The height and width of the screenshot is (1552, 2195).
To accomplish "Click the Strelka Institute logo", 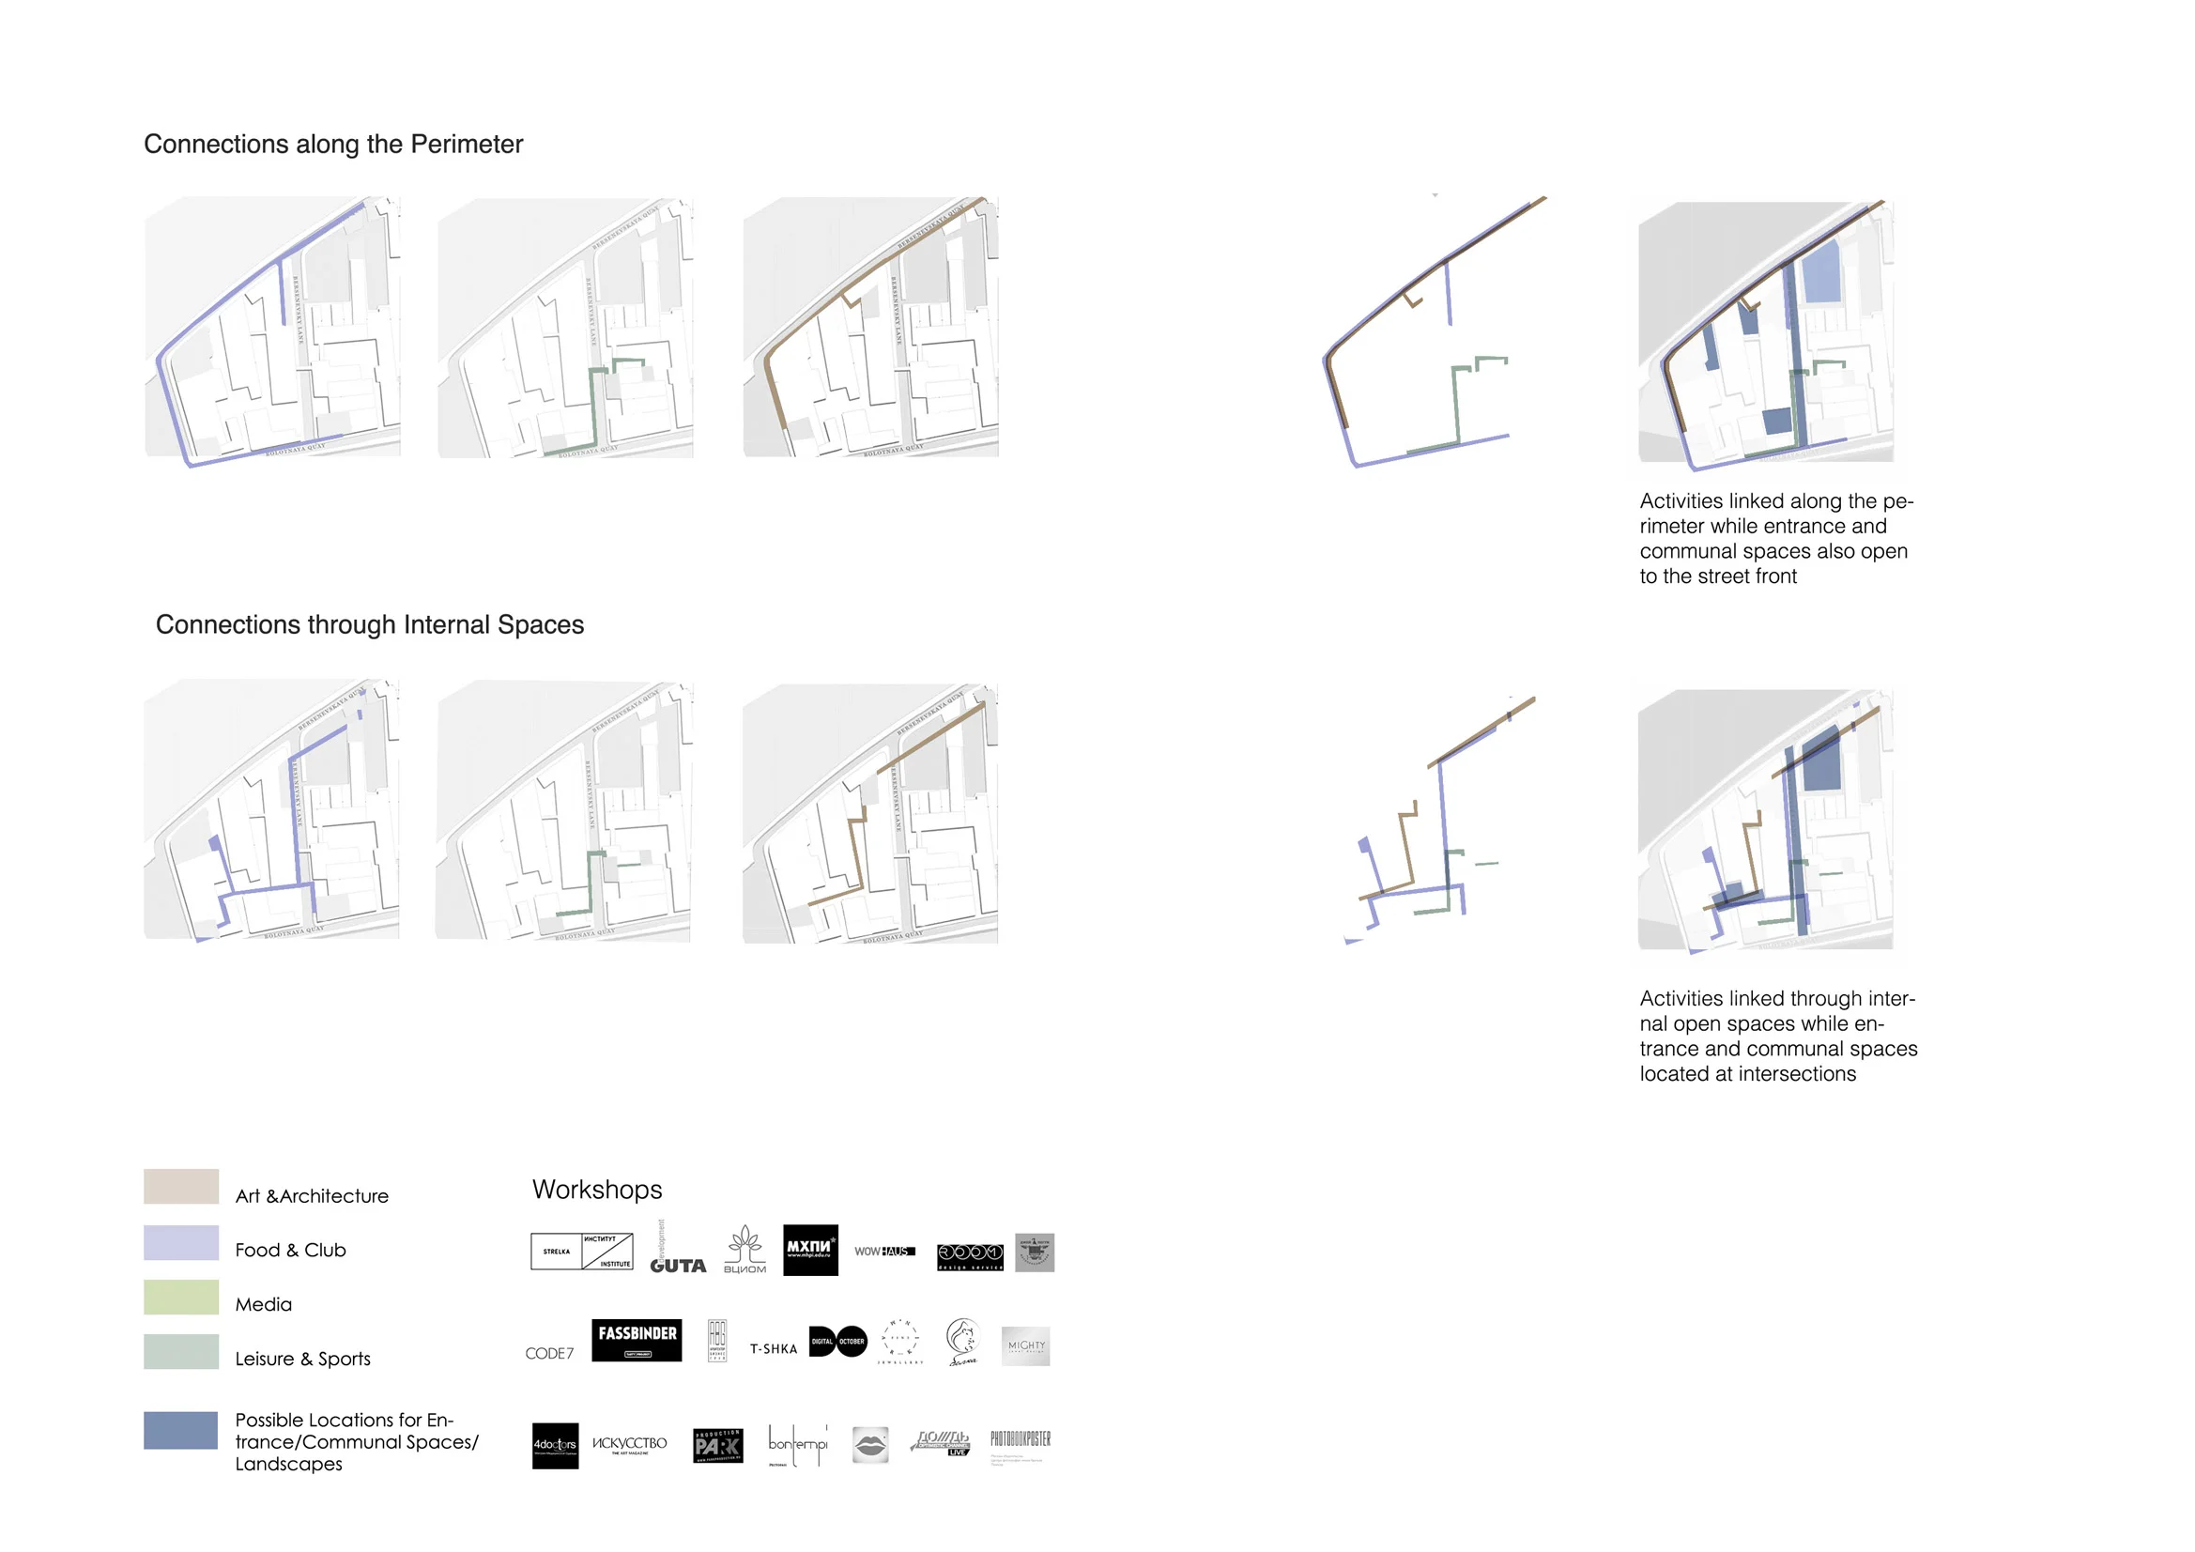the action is coord(581,1251).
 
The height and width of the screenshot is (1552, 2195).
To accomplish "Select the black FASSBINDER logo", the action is coord(637,1339).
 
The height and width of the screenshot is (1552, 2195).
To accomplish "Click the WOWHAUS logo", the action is coord(884,1251).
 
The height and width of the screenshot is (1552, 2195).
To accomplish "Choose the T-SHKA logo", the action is coord(774,1348).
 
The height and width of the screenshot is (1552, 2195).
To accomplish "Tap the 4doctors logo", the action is coord(555,1445).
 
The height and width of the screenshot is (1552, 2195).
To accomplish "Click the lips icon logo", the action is coord(870,1445).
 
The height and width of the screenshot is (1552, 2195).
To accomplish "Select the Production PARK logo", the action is coord(718,1446).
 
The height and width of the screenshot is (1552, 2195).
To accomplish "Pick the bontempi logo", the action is coord(797,1445).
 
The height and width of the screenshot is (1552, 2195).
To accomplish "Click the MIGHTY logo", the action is coord(1026,1345).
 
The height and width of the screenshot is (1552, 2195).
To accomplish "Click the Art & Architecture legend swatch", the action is coord(180,1186).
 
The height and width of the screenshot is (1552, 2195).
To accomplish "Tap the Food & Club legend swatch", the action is coord(180,1242).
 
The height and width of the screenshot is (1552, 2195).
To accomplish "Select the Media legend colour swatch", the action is coord(180,1297).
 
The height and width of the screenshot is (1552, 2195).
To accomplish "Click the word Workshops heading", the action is coord(596,1189).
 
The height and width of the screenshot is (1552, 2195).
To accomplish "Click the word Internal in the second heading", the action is coord(446,624).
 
